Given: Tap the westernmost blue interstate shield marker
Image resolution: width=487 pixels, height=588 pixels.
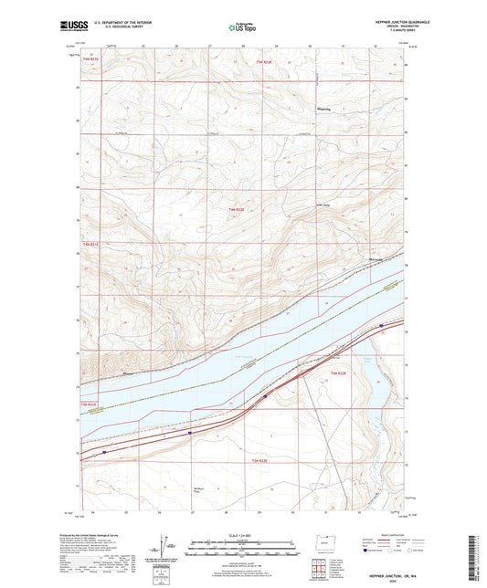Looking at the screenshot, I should click(x=104, y=450).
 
